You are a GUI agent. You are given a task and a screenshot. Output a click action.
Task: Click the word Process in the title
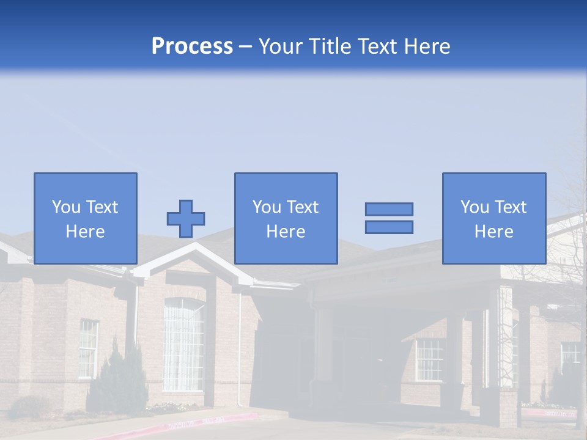(x=192, y=46)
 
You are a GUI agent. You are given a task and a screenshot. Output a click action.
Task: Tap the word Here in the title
(x=424, y=46)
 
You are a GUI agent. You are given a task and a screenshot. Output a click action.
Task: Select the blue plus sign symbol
(x=186, y=218)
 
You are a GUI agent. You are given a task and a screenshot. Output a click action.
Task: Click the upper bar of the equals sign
(x=389, y=209)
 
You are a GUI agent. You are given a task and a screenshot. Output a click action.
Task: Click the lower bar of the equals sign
(x=389, y=227)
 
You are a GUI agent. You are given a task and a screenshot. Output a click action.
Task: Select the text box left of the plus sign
(x=86, y=218)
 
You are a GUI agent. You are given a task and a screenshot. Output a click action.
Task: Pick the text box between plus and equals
(x=286, y=218)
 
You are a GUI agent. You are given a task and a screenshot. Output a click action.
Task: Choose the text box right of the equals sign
(x=494, y=218)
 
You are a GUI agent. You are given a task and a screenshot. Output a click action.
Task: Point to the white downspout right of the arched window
(x=240, y=348)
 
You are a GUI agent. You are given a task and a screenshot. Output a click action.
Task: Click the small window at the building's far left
(x=88, y=348)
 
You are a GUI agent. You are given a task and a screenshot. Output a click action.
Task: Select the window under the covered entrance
(x=429, y=359)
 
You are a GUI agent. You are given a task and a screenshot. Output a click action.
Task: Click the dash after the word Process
(x=246, y=47)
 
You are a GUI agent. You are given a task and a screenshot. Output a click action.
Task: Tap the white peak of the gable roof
(x=194, y=248)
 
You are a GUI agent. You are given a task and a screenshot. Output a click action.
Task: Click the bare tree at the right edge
(x=572, y=293)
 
